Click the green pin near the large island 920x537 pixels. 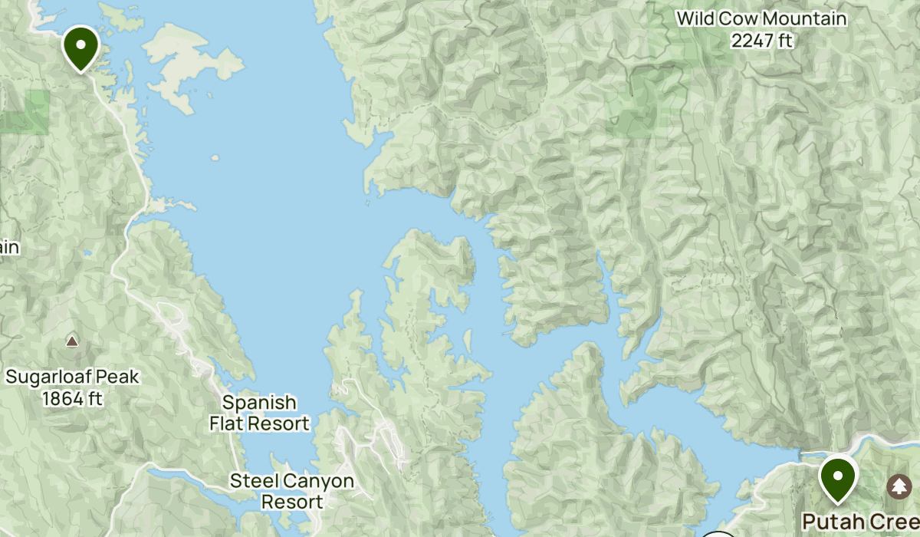click(80, 46)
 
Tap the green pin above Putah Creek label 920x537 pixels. click(837, 476)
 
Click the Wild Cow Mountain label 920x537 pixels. click(761, 18)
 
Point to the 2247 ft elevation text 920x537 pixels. click(761, 41)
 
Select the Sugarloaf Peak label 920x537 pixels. click(73, 377)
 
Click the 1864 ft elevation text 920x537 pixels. click(73, 399)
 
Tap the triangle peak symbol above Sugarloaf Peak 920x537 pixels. click(72, 341)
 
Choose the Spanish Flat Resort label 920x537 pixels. click(260, 413)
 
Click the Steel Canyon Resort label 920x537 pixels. click(292, 492)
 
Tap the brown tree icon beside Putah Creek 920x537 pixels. click(899, 486)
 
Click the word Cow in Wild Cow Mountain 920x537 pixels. click(735, 18)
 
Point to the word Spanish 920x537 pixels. click(259, 402)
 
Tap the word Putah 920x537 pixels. click(829, 522)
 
